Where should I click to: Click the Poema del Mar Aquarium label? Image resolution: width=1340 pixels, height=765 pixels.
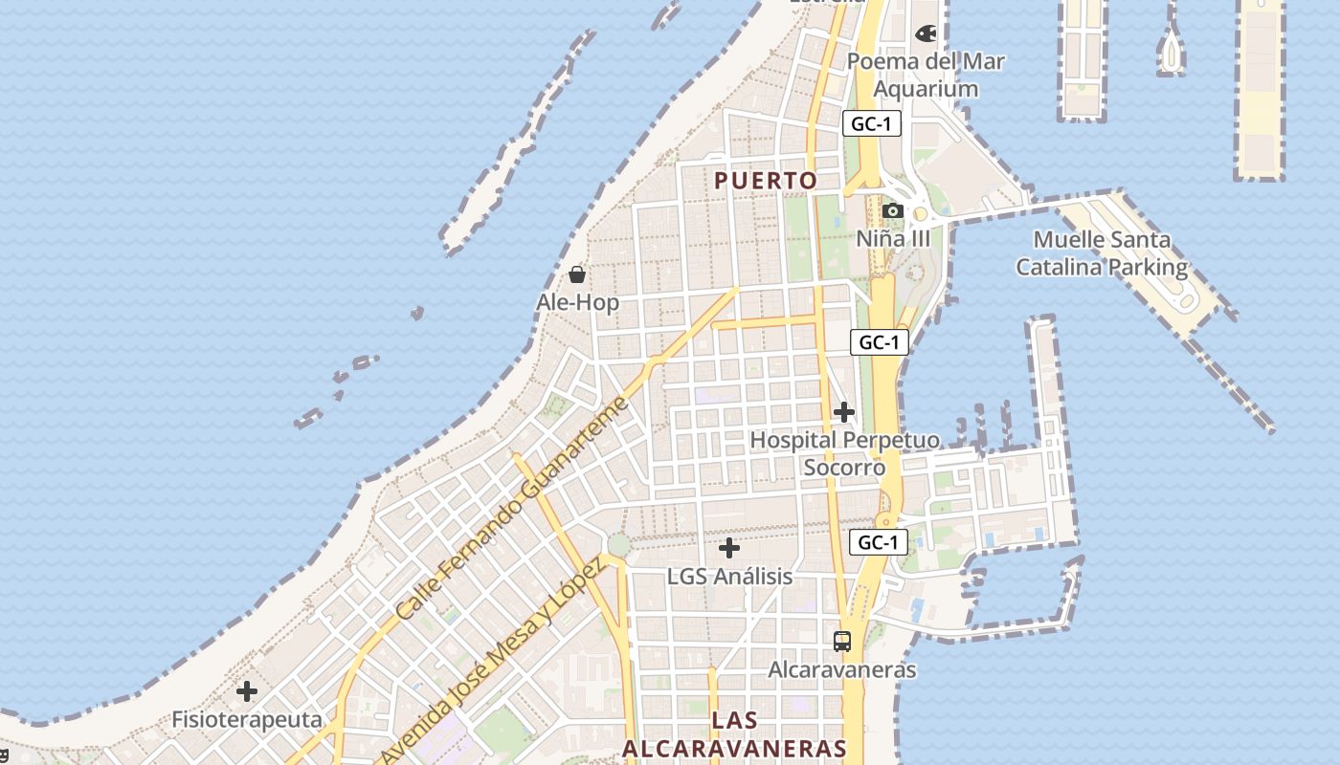926,75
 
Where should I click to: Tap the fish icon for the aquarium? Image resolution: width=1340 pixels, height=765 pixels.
926,33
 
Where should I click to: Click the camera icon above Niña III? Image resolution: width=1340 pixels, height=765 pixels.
893,210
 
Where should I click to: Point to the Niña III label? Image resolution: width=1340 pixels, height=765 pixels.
893,237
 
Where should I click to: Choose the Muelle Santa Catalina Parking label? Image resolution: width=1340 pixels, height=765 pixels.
1102,253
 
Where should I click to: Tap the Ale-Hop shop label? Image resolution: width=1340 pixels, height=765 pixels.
577,302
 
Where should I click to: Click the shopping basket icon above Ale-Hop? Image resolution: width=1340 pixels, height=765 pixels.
577,275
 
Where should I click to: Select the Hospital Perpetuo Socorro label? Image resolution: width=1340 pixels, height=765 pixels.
844,453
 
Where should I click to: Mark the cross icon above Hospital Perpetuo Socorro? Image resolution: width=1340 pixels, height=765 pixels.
843,412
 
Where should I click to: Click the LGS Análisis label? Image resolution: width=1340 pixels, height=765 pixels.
729,576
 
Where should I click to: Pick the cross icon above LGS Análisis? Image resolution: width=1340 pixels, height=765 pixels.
729,548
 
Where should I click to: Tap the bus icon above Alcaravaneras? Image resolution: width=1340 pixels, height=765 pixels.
842,642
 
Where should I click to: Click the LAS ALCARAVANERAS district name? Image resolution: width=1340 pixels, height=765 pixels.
735,734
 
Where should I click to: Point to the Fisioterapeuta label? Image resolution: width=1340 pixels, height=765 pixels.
247,719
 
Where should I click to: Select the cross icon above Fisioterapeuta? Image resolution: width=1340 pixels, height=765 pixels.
247,690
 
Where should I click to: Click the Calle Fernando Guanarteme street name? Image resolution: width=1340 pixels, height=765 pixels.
513,507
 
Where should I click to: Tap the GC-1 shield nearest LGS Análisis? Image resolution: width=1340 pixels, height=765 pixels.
878,542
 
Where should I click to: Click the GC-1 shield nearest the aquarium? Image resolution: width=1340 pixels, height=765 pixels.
872,123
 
